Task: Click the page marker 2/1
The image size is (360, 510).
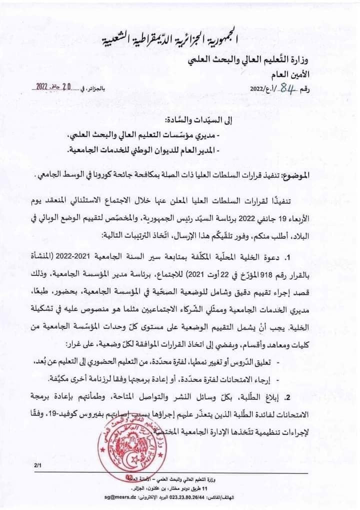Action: pyautogui.click(x=38, y=465)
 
